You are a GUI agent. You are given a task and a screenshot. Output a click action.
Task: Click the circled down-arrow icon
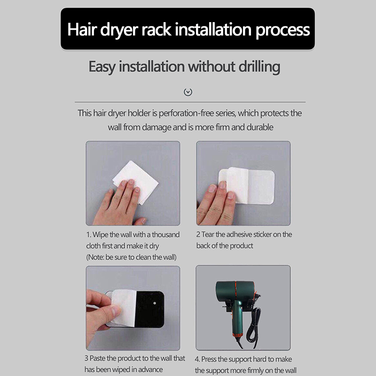coord(188,92)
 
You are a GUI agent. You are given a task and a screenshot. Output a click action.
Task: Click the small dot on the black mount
coord(155,303)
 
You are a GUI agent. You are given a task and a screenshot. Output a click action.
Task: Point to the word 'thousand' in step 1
coord(166,234)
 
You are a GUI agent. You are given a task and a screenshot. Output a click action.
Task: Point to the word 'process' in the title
coord(283,30)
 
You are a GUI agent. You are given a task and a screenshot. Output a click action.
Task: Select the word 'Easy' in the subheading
coord(102,67)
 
